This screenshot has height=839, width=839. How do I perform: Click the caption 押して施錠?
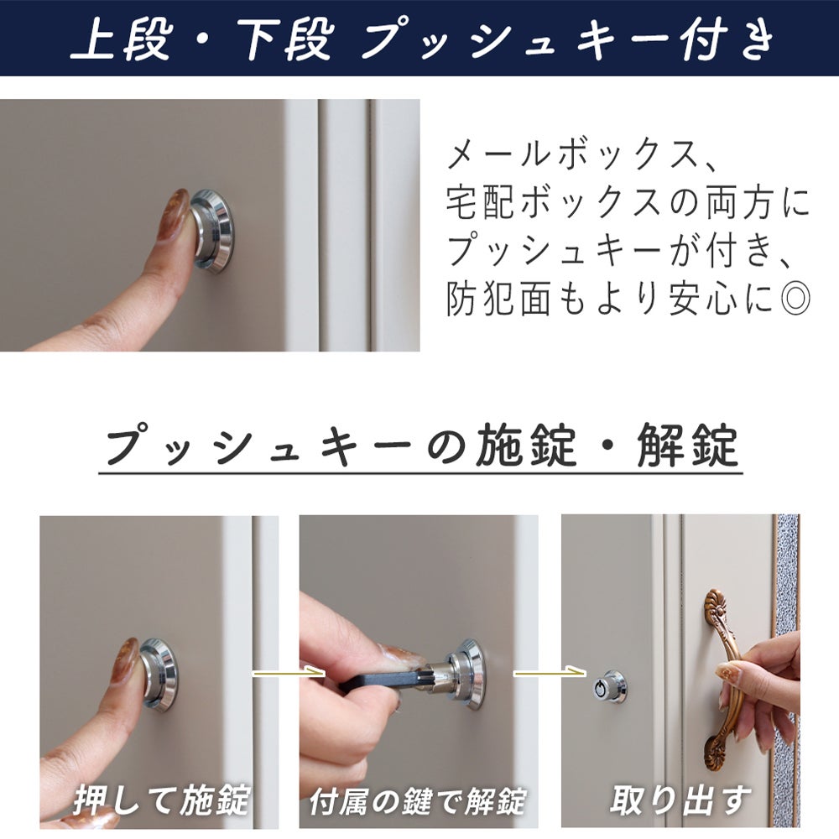click(162, 800)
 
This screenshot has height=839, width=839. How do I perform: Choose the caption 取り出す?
click(680, 800)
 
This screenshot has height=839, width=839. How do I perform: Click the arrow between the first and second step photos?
click(289, 673)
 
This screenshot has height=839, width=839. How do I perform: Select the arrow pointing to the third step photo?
click(550, 672)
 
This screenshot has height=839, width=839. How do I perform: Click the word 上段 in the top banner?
click(121, 39)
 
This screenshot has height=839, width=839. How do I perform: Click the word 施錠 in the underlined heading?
click(526, 445)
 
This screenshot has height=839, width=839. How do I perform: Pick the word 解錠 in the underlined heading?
click(688, 445)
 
